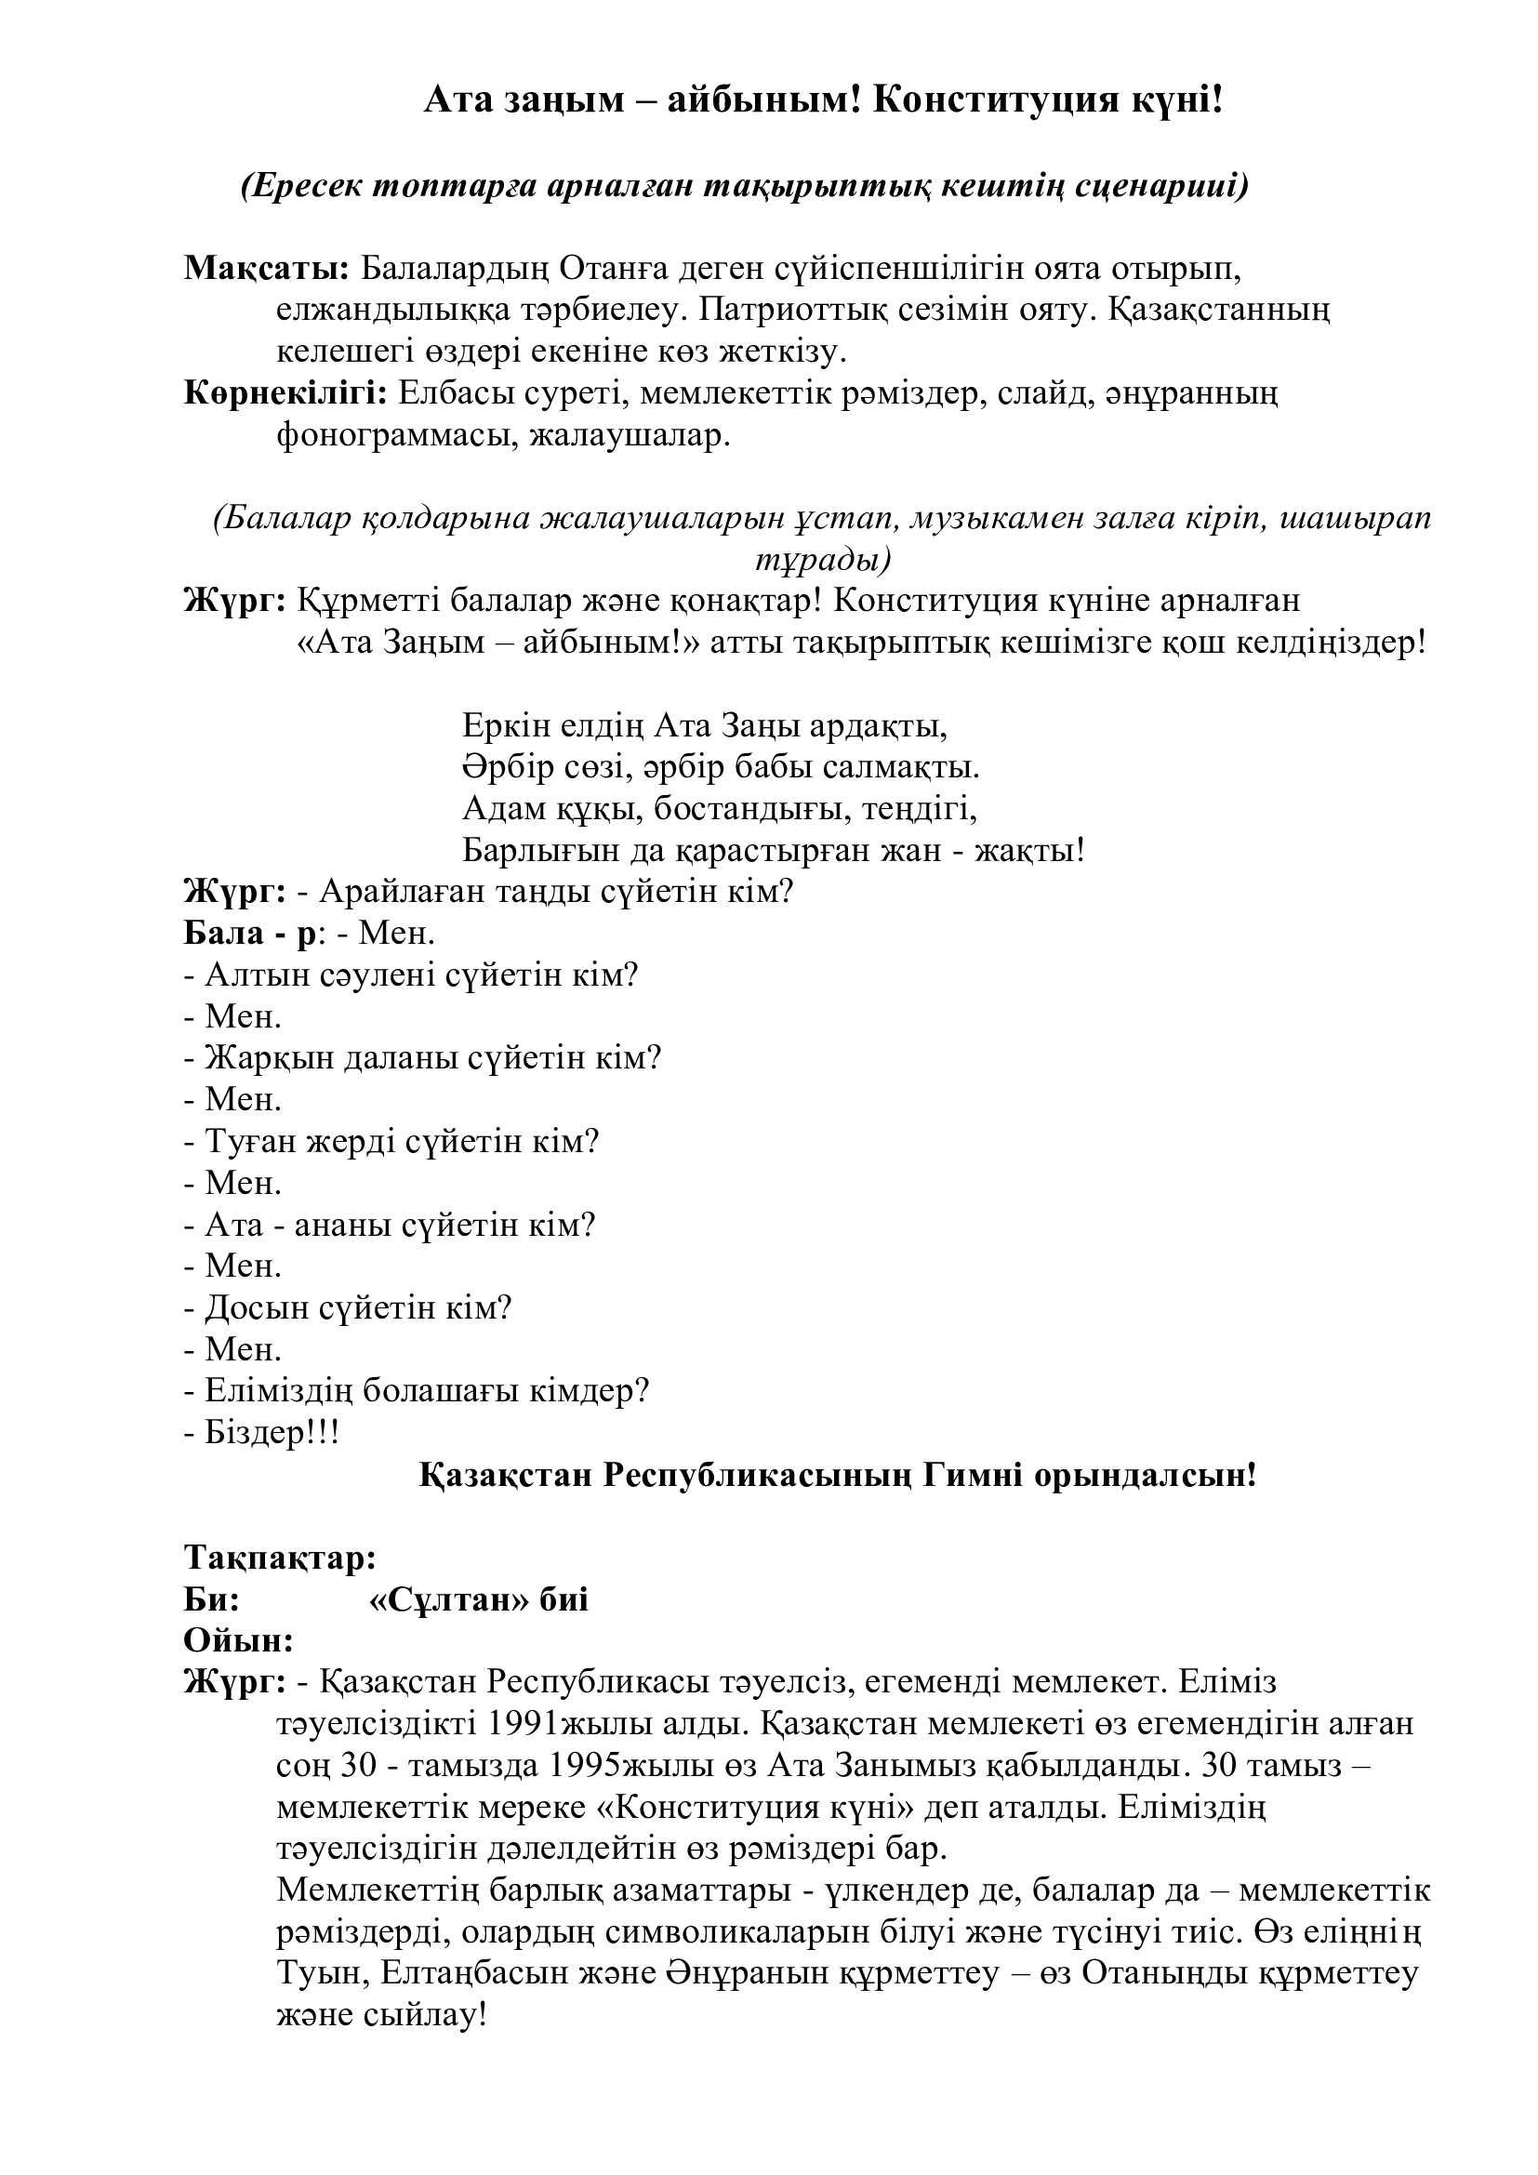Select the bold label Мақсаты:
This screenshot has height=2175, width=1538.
point(266,269)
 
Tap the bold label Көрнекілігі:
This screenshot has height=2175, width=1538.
point(285,393)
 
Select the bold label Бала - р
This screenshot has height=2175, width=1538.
point(248,934)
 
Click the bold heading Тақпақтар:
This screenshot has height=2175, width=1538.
point(280,1558)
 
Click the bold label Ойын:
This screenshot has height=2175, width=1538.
point(238,1640)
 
